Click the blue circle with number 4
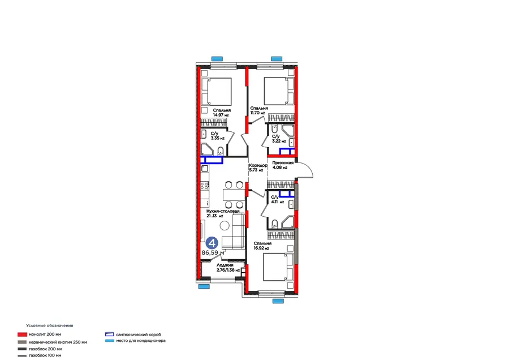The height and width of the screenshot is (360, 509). [x=212, y=243]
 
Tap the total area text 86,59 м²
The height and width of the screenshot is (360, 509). [x=214, y=252]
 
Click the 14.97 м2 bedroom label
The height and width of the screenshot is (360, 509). [x=222, y=113]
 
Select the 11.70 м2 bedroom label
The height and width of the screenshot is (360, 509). [x=258, y=110]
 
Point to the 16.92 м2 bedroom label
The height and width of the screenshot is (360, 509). [x=262, y=246]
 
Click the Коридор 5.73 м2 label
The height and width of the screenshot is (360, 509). [x=258, y=168]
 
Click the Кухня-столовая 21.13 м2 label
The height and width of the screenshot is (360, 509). [x=223, y=213]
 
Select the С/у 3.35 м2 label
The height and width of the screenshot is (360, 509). [x=218, y=136]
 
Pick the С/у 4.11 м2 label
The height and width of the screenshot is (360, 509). [x=277, y=199]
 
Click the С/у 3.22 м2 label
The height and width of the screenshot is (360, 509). [x=279, y=139]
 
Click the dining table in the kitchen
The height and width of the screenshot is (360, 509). [x=234, y=195]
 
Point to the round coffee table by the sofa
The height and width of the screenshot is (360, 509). [x=225, y=225]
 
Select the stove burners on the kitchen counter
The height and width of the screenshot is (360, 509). [x=204, y=186]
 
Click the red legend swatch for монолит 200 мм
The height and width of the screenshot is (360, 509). [x=22, y=335]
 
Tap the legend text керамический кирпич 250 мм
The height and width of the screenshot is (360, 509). [x=58, y=342]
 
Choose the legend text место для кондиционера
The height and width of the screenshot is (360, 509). [x=141, y=341]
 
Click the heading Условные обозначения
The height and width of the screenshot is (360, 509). [x=50, y=325]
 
